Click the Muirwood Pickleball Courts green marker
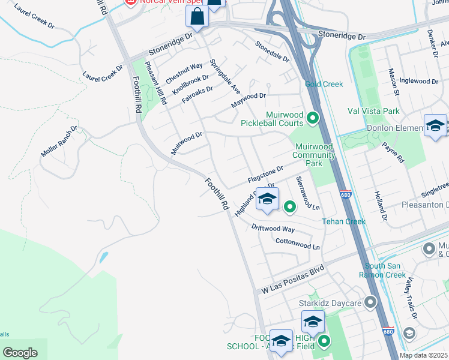(312, 118)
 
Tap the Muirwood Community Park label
(313, 155)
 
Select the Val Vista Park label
(373, 111)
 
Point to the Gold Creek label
(324, 84)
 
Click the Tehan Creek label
(343, 221)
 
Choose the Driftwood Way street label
(273, 228)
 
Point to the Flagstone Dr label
(265, 176)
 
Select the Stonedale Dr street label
(272, 52)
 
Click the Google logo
(20, 353)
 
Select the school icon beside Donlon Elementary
(435, 126)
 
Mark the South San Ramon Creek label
(386, 270)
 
